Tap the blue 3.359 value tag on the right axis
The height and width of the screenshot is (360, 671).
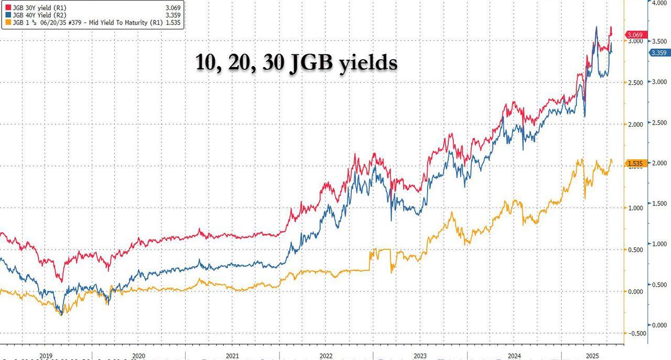point(659,53)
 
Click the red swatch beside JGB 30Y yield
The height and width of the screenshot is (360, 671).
point(5,6)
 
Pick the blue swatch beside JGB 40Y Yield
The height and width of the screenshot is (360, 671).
point(5,15)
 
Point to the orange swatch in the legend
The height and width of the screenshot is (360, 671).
point(5,23)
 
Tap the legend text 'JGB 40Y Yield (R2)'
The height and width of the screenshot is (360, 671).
point(38,15)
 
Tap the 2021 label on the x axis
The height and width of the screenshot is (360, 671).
point(232,356)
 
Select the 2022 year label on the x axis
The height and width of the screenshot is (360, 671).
point(326,356)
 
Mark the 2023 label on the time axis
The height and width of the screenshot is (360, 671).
point(420,356)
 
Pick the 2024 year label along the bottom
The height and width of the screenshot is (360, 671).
point(514,356)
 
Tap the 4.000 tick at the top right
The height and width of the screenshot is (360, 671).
point(659,3)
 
